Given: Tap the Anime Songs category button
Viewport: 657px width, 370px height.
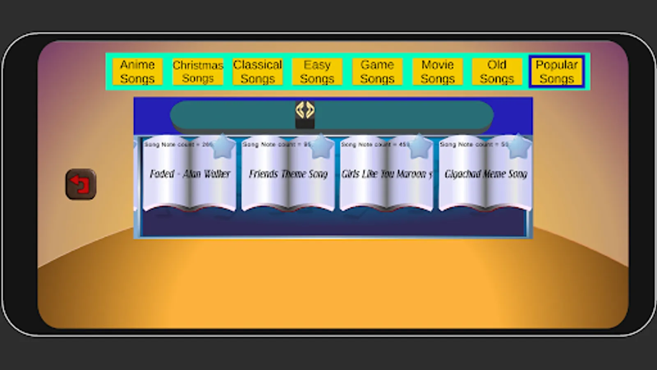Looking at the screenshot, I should pos(137,72).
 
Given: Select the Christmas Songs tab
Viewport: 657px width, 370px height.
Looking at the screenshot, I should pos(198,72).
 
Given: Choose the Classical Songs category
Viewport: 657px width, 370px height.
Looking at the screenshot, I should pos(257,72).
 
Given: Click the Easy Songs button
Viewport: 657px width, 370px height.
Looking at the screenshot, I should pos(317,72).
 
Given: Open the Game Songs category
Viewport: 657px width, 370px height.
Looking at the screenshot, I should pos(377,72).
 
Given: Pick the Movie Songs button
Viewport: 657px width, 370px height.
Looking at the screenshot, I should pos(437,72).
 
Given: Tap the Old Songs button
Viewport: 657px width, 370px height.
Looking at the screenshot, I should pos(497,72).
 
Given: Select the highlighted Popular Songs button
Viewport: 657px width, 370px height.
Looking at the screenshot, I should pos(557,72).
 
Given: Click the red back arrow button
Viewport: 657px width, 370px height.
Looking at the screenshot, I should pos(81,184).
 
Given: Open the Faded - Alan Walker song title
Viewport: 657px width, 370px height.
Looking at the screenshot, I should pos(190,174).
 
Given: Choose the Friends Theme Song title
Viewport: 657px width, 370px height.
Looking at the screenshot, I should pos(288,174).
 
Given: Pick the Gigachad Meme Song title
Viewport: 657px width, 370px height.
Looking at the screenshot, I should pos(486,174).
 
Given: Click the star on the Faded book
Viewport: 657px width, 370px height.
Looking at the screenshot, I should pos(223,147).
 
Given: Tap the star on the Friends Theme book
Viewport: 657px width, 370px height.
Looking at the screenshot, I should pos(322,147).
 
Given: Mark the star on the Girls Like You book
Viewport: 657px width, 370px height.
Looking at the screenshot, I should pos(420,147).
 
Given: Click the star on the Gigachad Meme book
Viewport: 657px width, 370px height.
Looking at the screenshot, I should pos(518,147).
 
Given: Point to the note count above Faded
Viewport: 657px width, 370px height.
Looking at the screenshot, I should pos(177,145).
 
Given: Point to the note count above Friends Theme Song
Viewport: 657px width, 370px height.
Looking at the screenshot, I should pos(276,145).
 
